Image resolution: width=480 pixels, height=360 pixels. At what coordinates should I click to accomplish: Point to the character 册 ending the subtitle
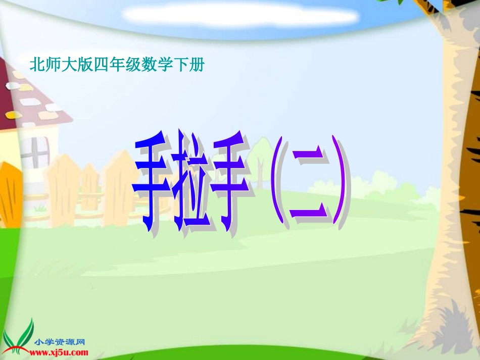pos(196,64)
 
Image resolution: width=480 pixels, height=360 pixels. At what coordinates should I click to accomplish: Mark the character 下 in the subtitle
pos(180,64)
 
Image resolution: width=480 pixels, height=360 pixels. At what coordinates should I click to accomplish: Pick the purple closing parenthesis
pos(340,187)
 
